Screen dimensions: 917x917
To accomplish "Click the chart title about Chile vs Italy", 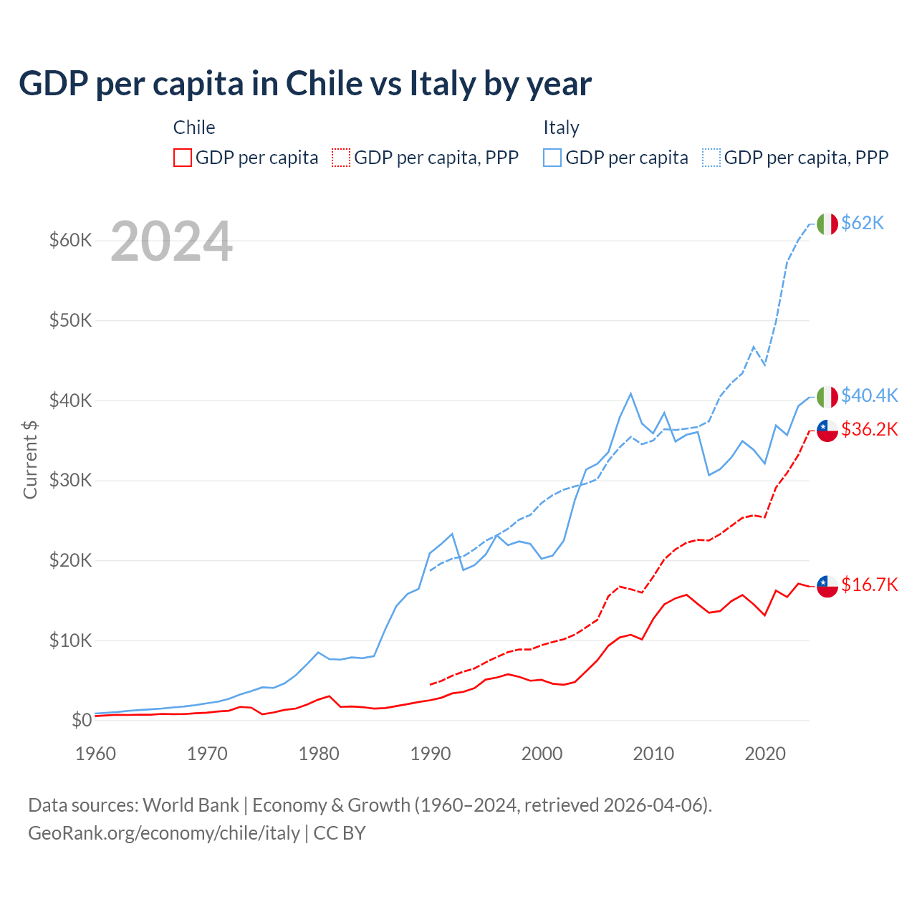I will click(x=305, y=84).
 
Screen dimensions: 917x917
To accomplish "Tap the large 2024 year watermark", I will click(x=171, y=241).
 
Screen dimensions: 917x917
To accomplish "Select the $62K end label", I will click(x=863, y=223).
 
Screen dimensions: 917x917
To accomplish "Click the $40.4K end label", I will click(x=869, y=395).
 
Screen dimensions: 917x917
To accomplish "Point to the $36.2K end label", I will click(x=869, y=429).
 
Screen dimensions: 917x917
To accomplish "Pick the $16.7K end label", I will click(x=869, y=585).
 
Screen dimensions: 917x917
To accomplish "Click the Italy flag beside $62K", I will click(x=827, y=224).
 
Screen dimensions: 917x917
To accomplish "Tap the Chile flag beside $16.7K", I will click(x=827, y=586).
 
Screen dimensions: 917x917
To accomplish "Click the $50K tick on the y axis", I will click(x=70, y=320).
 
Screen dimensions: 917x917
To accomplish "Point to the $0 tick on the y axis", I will click(x=82, y=720).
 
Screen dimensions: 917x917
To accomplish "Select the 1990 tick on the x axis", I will click(x=431, y=754).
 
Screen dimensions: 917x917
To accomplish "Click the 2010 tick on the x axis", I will click(x=653, y=754).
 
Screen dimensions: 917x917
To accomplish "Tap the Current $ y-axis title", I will click(x=30, y=459).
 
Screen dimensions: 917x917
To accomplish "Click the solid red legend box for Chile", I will click(x=183, y=158).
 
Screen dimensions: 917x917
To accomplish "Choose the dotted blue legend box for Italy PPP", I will click(x=711, y=158).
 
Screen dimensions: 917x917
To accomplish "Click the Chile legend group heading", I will click(x=194, y=128).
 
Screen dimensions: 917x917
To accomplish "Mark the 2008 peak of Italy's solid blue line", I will click(x=630, y=393).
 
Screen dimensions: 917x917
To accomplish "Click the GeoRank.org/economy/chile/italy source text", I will click(x=164, y=833).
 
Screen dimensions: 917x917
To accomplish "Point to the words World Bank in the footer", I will click(x=191, y=805).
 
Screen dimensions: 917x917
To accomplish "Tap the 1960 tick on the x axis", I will click(x=95, y=754).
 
